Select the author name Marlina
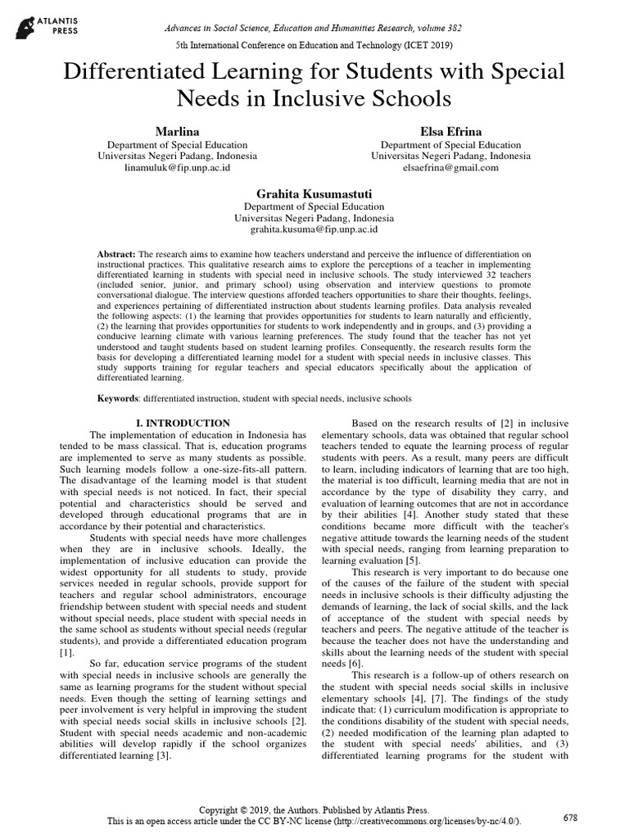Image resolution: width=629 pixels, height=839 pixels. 177,131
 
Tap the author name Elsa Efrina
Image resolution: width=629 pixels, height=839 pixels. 450,131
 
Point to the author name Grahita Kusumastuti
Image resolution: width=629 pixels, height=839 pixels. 314,193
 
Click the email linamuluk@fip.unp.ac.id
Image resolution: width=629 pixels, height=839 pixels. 177,167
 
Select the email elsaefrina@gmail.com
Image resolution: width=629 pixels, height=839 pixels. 450,167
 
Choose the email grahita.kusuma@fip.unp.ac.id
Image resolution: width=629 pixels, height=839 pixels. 314,231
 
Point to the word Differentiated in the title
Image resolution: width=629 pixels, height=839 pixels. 144,71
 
